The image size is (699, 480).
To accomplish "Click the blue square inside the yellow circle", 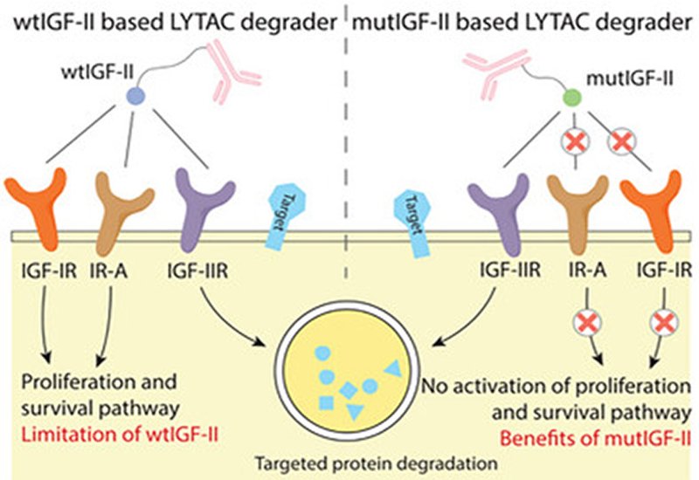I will [x=326, y=402].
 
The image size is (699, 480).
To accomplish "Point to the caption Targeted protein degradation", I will [x=349, y=462].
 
